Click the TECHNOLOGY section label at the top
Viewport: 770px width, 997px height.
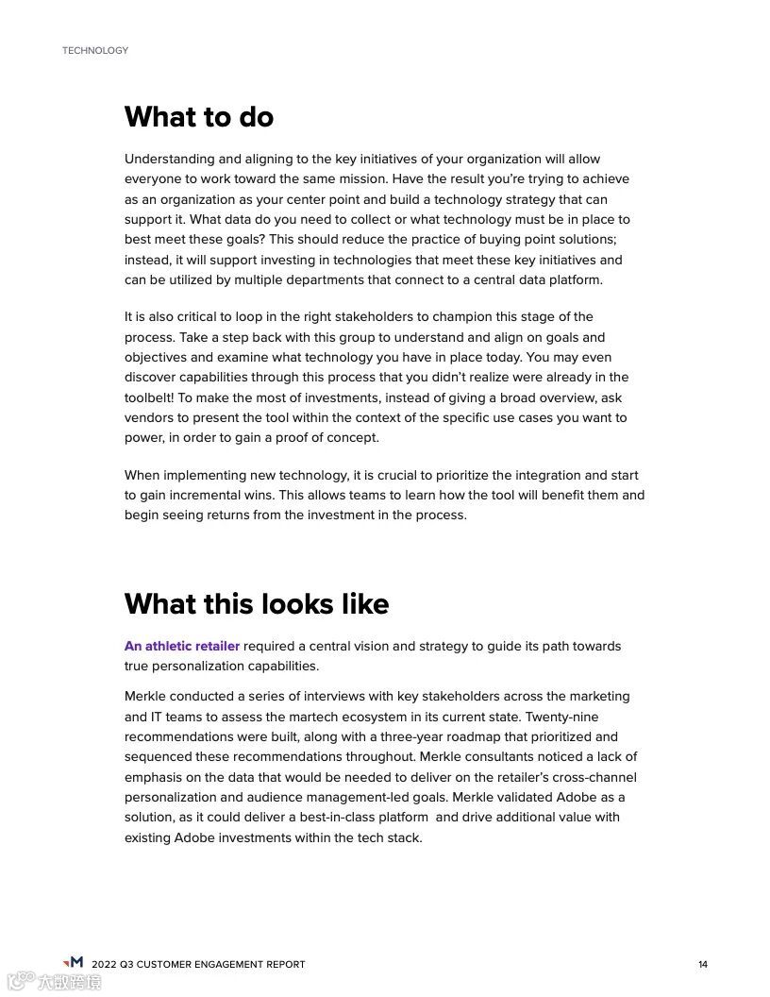pyautogui.click(x=95, y=50)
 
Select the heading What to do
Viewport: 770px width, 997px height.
pyautogui.click(x=199, y=117)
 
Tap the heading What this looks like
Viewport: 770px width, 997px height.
pyautogui.click(x=257, y=603)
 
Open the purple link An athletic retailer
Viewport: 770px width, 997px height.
pyautogui.click(x=182, y=647)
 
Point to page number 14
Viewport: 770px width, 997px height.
pyautogui.click(x=703, y=964)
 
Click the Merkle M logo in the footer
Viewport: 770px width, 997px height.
pyautogui.click(x=73, y=962)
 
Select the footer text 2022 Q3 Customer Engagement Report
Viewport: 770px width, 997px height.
pyautogui.click(x=198, y=964)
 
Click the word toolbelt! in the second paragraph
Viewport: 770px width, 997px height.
pyautogui.click(x=148, y=397)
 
